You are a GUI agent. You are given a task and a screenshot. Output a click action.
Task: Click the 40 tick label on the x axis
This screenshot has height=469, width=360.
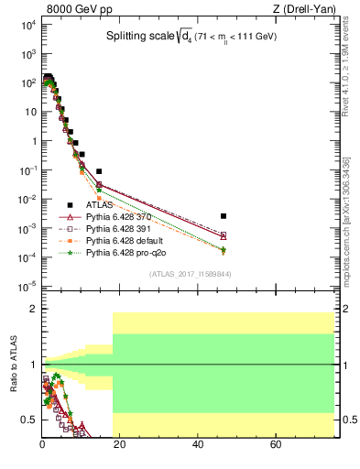tap(198, 446)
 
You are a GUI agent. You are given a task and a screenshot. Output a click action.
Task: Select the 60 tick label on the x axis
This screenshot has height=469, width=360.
tap(276, 446)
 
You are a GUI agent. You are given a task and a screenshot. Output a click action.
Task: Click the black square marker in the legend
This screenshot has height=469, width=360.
tap(69, 205)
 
